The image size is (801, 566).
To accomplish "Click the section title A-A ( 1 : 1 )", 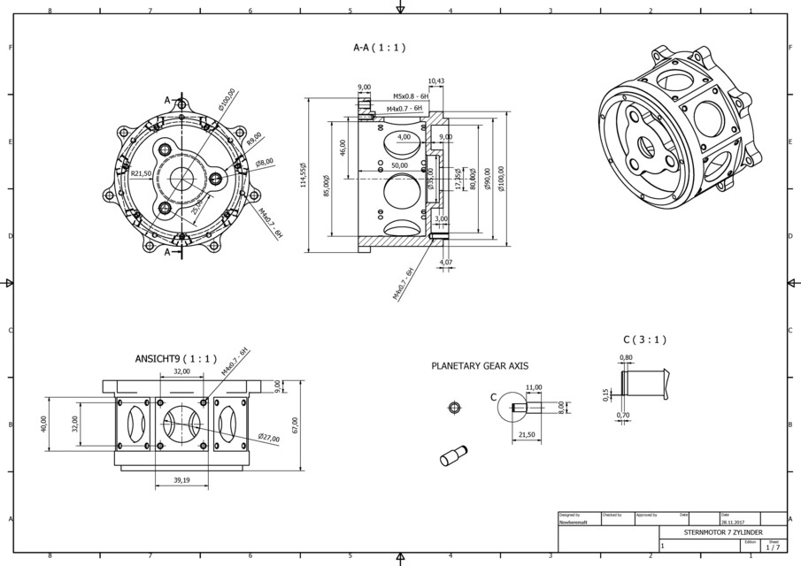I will click(x=379, y=48).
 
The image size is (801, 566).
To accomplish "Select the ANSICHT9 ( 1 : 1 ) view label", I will click(x=175, y=359).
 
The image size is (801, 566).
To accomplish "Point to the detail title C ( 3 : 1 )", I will click(x=644, y=339).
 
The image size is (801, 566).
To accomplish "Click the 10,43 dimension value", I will click(x=435, y=81).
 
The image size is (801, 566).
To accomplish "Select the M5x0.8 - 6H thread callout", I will click(x=411, y=96).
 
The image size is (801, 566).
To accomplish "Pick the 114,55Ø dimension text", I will click(x=303, y=175).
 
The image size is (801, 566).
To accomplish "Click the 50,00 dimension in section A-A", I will click(x=399, y=165).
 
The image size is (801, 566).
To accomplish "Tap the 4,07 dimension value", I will click(x=445, y=262).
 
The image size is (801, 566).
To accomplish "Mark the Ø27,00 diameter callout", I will click(x=270, y=437).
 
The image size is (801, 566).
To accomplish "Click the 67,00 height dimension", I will click(x=294, y=426).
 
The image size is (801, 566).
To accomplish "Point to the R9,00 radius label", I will click(x=255, y=140).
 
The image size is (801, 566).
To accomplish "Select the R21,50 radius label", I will click(x=141, y=174).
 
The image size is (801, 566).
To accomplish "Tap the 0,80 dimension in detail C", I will click(x=626, y=357).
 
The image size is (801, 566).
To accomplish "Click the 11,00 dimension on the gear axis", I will click(x=534, y=387).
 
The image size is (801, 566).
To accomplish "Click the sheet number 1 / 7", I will click(x=773, y=548).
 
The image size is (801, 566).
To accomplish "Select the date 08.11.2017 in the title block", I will click(x=731, y=523).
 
